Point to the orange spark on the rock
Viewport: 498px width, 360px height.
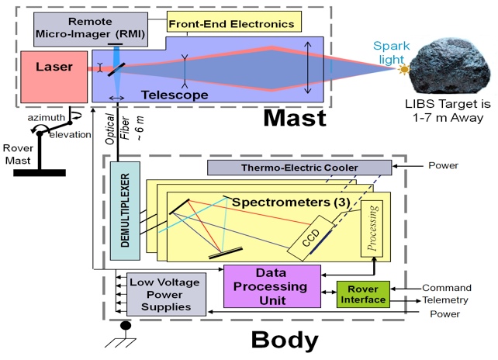coord(403,70)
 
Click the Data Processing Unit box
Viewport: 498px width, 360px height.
coord(271,285)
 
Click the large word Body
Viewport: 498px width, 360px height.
coord(285,341)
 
